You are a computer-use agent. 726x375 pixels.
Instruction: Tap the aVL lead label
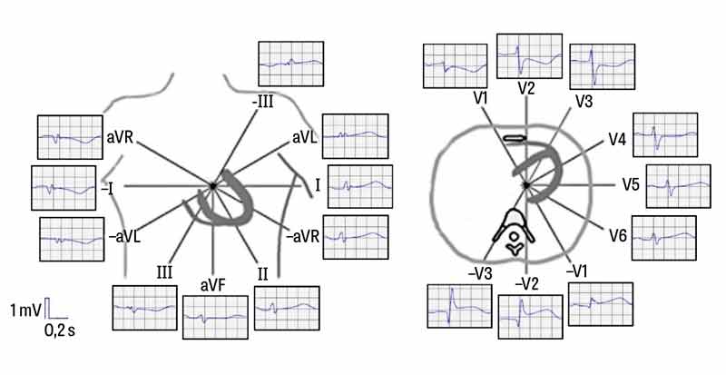[305, 135]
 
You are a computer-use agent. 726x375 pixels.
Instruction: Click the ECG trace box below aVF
[214, 317]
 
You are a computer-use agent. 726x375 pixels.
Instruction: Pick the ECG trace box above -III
[291, 64]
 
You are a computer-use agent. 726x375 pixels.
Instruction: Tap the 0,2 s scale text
[60, 331]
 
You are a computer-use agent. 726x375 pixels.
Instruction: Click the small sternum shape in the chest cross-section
[514, 138]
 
